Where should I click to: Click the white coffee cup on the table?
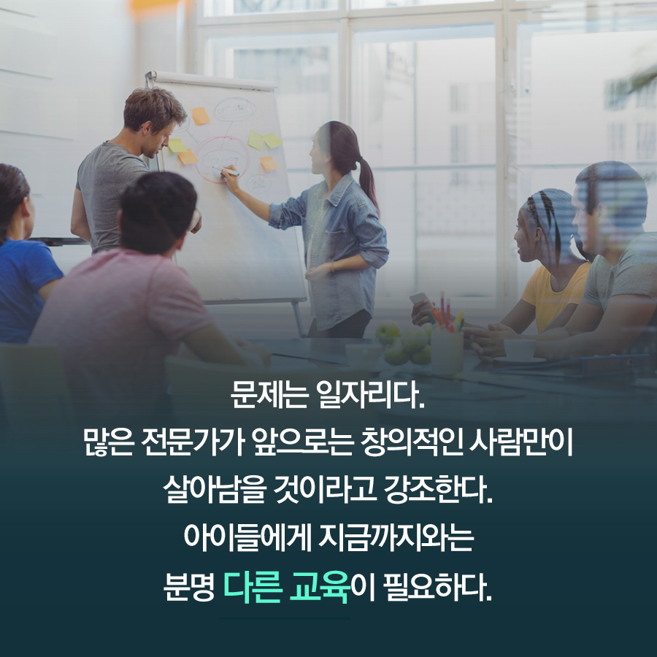click(520, 349)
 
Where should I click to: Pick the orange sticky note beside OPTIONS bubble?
click(199, 116)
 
